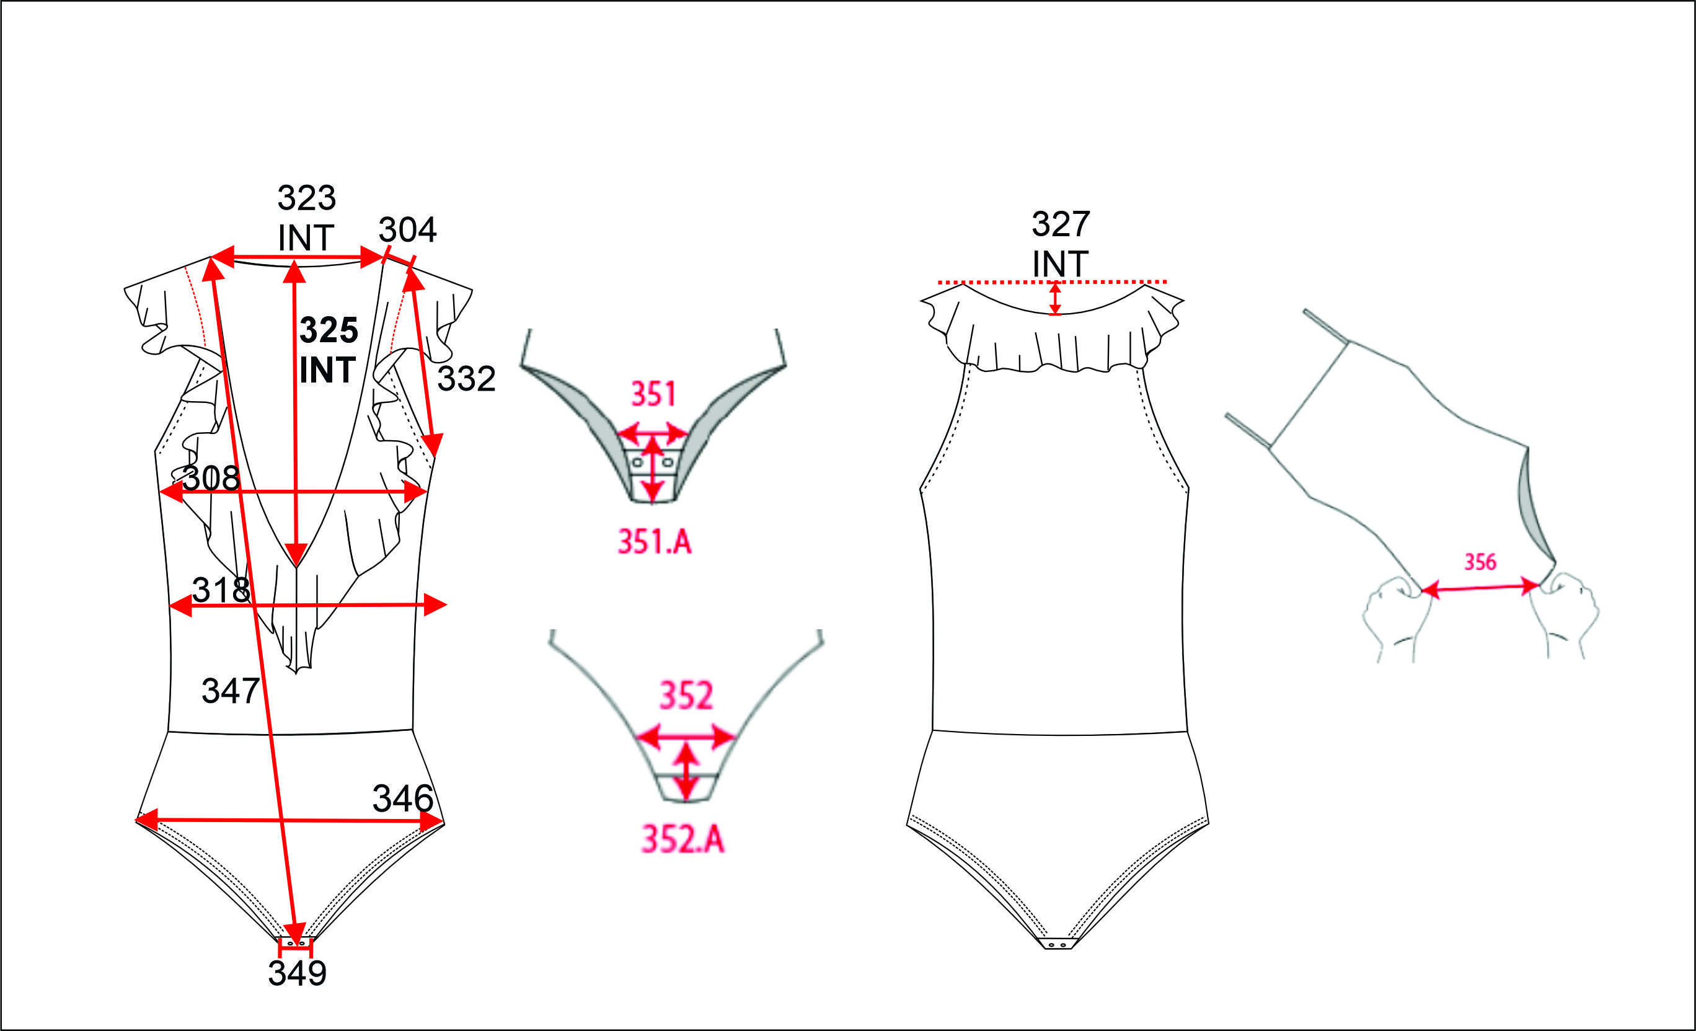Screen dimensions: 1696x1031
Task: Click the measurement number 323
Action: point(306,198)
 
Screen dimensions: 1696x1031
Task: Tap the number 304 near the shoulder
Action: point(407,230)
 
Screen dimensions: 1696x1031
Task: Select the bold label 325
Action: point(329,330)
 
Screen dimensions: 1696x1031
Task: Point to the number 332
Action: point(466,379)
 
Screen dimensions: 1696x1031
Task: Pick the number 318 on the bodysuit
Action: point(221,590)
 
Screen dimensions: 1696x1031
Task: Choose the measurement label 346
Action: point(403,799)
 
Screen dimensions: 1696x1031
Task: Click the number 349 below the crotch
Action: point(298,973)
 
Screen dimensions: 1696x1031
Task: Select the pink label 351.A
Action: point(654,542)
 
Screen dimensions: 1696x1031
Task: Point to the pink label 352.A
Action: point(683,839)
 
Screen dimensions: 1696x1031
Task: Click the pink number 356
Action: point(1480,562)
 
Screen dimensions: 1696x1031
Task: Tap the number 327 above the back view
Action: point(1061,224)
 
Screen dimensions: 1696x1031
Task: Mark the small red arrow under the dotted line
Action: point(1054,299)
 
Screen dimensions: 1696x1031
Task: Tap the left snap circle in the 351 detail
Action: point(637,462)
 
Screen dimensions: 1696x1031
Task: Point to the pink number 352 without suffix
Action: point(686,696)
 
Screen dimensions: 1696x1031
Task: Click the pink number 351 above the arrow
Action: point(653,394)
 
